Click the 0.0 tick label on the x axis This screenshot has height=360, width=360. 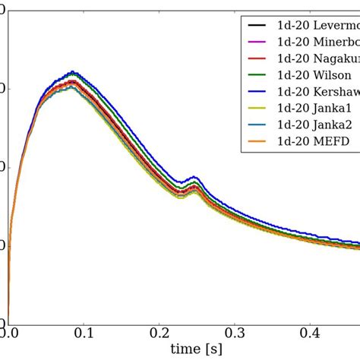point(9,333)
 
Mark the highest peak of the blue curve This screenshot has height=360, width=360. point(72,72)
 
